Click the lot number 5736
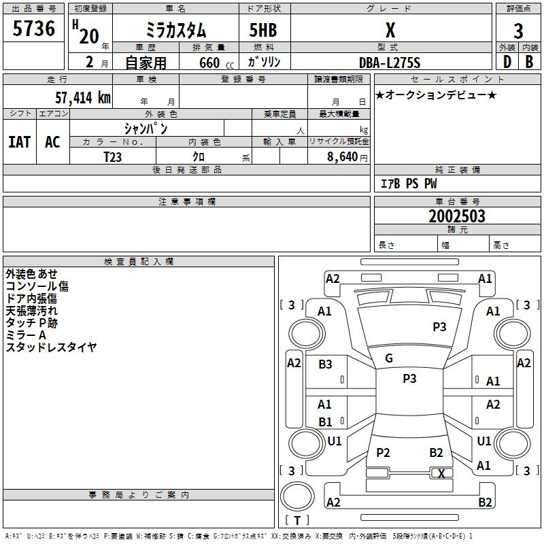(x=33, y=28)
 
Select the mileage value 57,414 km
(x=83, y=97)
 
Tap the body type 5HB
(x=263, y=30)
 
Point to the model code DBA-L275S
(x=390, y=63)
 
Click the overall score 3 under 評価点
(x=518, y=31)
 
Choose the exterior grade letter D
(x=507, y=62)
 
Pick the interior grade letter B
(x=529, y=62)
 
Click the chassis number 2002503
(x=457, y=216)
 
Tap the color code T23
(x=112, y=157)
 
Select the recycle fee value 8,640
(x=342, y=156)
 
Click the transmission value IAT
(x=20, y=142)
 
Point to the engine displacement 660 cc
(x=216, y=63)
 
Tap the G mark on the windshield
(x=389, y=358)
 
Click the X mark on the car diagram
(x=441, y=473)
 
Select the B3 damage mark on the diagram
(x=325, y=364)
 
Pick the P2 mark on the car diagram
(x=383, y=452)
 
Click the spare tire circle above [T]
(x=297, y=496)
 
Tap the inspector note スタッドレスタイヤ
(x=51, y=347)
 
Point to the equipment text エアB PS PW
(x=409, y=184)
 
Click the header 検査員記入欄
(x=139, y=262)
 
